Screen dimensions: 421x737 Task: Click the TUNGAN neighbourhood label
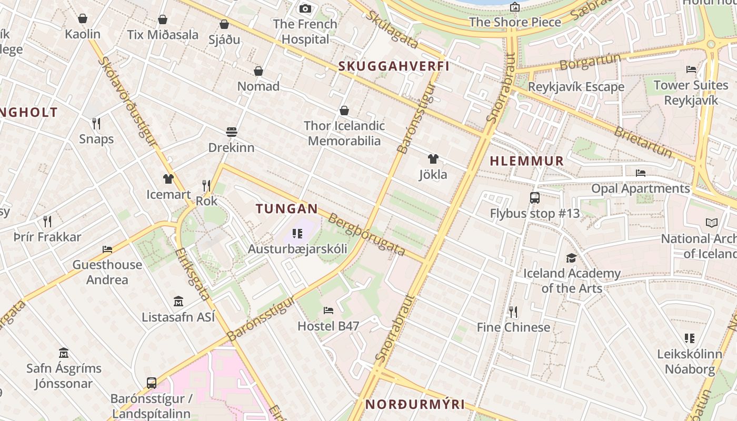click(287, 209)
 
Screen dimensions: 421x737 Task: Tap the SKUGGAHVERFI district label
click(394, 66)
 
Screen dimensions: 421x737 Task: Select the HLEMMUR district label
click(526, 162)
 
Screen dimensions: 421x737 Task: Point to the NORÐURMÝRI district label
click(415, 404)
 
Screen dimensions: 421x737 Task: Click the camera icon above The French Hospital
click(305, 8)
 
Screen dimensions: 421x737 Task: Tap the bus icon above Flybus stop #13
click(535, 198)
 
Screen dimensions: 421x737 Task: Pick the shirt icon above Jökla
click(433, 159)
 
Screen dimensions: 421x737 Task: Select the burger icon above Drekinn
click(232, 132)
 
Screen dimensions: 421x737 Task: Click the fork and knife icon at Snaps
click(96, 124)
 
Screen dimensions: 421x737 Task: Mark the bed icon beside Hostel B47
click(328, 310)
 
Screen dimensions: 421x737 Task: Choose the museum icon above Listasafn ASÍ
click(178, 302)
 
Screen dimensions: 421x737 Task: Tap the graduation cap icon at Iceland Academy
click(571, 258)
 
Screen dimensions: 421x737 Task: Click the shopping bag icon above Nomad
click(258, 71)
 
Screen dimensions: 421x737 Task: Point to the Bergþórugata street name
click(367, 234)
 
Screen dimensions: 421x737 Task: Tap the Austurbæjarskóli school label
click(297, 248)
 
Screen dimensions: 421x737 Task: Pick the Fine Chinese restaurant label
click(513, 327)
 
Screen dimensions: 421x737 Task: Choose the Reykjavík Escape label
click(576, 87)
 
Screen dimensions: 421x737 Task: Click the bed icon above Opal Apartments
click(640, 173)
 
